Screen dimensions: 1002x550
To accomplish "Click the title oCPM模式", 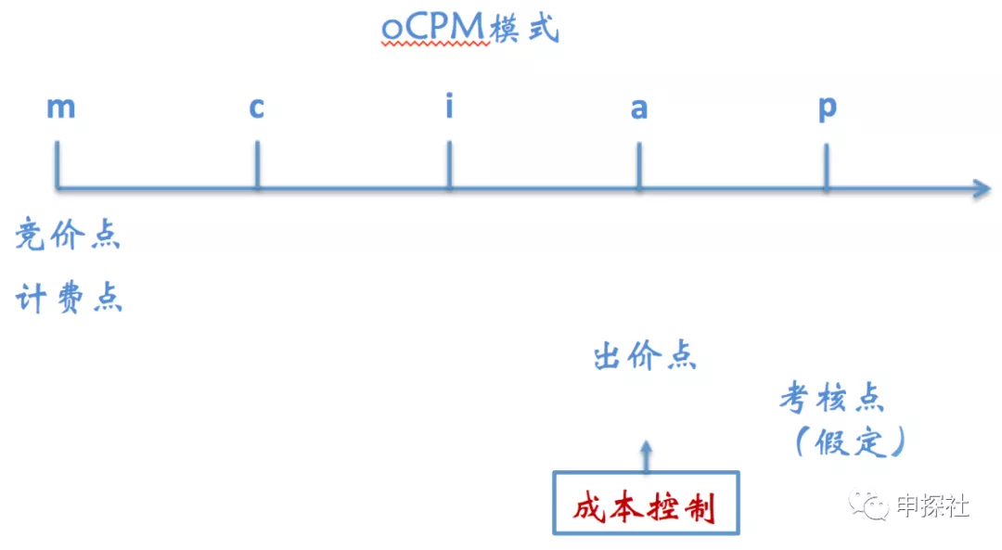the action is coord(470,29).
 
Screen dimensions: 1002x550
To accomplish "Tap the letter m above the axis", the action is coord(61,108).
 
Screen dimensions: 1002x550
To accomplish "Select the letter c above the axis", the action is coord(256,108).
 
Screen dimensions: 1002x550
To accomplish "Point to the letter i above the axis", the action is coord(449,105).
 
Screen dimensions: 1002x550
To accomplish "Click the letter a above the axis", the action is coord(639,109).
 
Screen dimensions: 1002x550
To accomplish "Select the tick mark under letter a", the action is coord(639,165).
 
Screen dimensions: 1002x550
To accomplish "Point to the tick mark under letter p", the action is coord(827,166).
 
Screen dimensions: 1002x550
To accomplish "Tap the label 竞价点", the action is coord(68,234).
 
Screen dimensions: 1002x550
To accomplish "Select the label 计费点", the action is coord(69,298).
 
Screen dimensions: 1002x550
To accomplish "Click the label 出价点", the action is coord(645,356).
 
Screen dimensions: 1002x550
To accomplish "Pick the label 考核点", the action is coord(832,399).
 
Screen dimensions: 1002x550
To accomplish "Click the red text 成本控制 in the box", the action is coord(644,508).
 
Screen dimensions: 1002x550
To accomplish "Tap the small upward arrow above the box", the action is coord(646,456).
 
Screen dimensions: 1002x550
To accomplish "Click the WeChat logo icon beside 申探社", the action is coord(868,505).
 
